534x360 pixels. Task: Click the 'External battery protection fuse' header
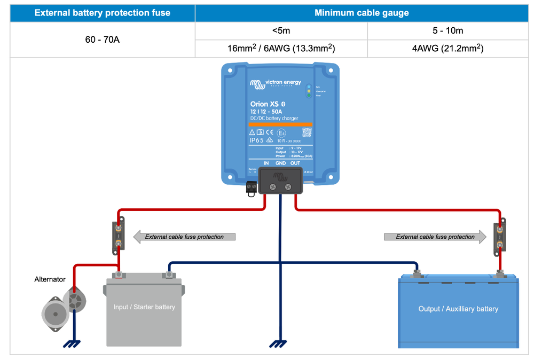(x=102, y=13)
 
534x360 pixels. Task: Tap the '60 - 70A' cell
(x=102, y=40)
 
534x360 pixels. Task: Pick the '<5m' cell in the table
(x=281, y=31)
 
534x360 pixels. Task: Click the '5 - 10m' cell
(x=447, y=31)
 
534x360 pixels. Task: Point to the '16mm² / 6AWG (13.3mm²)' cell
(x=281, y=49)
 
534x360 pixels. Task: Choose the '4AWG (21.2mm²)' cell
(x=447, y=49)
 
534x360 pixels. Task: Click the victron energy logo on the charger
(x=275, y=83)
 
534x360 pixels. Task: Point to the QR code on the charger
(x=307, y=131)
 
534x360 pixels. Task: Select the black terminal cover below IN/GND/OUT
(x=280, y=181)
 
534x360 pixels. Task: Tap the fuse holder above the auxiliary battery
(x=499, y=237)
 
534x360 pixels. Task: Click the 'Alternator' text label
(x=50, y=279)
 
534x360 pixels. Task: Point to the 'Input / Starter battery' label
(x=144, y=307)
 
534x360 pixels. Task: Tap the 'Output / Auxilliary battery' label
(x=458, y=309)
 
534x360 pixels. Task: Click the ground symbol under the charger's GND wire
(x=278, y=343)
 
